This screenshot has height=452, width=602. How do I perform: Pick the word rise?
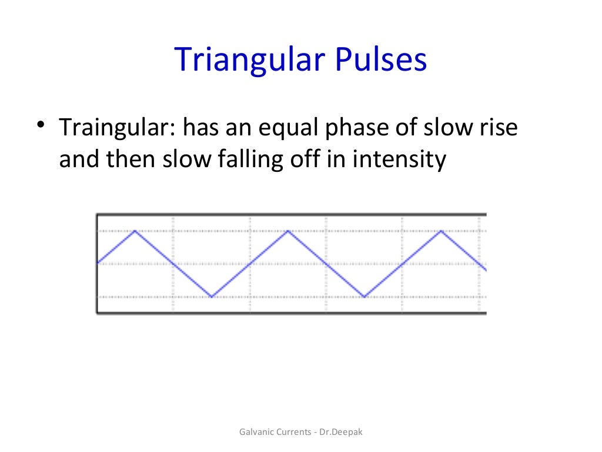pyautogui.click(x=497, y=128)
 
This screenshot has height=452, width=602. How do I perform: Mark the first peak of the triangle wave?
pyautogui.click(x=135, y=231)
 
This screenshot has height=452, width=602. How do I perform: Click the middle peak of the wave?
pyautogui.click(x=288, y=231)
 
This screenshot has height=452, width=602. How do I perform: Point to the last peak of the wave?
pyautogui.click(x=441, y=231)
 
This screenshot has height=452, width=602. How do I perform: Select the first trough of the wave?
pyautogui.click(x=212, y=296)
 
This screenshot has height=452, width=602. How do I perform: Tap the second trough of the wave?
pyautogui.click(x=364, y=296)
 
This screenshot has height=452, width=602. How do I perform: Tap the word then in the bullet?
pyautogui.click(x=123, y=159)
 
